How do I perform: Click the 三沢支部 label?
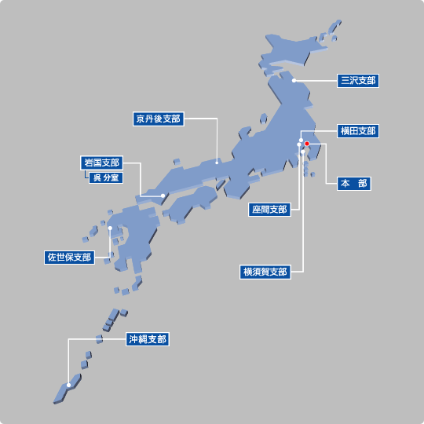(x=358, y=80)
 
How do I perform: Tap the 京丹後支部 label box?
(x=158, y=119)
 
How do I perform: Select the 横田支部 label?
(x=358, y=130)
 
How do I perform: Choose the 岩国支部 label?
(x=102, y=163)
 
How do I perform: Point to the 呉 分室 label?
(x=105, y=177)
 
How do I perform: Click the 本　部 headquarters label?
(x=353, y=184)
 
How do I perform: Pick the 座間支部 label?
(x=269, y=210)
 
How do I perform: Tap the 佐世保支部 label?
(x=69, y=257)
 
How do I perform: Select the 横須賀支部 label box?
(x=265, y=272)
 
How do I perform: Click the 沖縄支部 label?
(x=148, y=339)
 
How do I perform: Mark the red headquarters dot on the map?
(x=307, y=144)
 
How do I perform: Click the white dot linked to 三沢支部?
(x=293, y=80)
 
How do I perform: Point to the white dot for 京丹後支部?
(x=217, y=162)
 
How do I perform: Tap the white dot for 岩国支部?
(x=163, y=196)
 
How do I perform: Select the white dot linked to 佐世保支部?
(x=111, y=228)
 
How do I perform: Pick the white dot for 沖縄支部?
(x=69, y=385)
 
